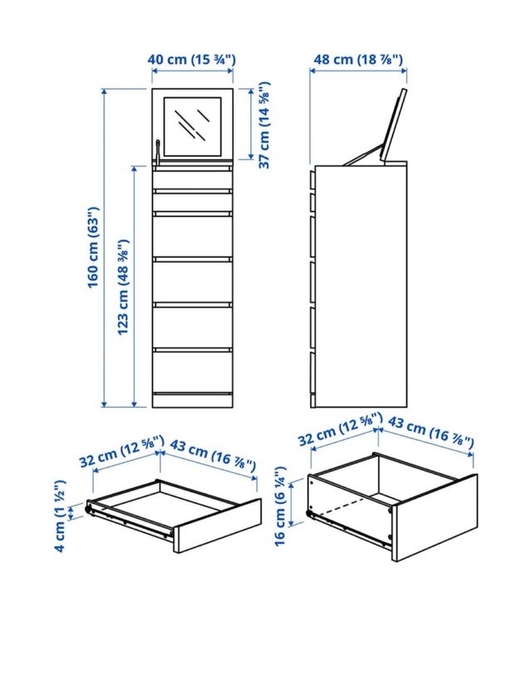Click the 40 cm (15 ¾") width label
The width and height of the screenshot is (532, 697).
tap(191, 59)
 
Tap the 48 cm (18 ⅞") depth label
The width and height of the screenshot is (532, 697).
tap(358, 59)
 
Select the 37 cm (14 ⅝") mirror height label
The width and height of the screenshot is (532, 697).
tap(264, 125)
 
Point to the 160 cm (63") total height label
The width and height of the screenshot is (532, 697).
tap(93, 247)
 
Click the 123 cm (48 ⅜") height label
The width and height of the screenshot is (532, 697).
tap(122, 287)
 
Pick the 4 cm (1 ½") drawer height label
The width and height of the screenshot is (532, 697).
tap(60, 516)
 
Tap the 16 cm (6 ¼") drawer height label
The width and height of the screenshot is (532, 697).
tap(280, 506)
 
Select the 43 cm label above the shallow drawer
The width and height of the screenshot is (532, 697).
tap(213, 455)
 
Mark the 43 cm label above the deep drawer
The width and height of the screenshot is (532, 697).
tap(431, 432)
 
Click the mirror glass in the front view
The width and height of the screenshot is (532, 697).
tap(192, 126)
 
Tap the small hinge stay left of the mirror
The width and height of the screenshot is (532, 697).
tap(158, 151)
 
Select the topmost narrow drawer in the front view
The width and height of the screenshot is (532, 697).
tap(192, 179)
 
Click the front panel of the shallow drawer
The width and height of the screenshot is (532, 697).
tap(218, 526)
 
